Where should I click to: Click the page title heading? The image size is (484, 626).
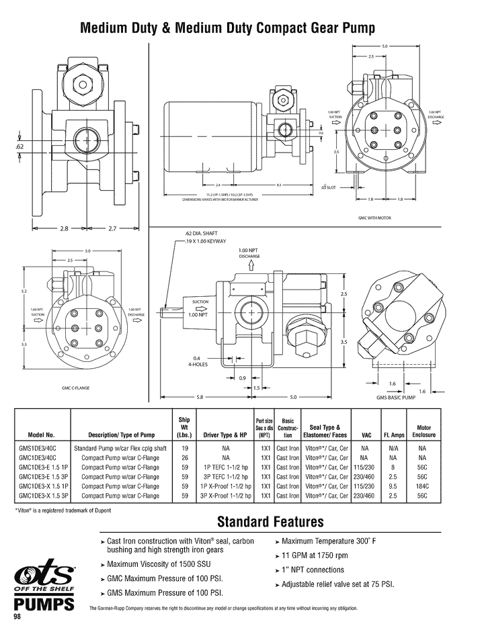pos(227,28)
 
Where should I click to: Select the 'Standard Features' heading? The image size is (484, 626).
pos(270,522)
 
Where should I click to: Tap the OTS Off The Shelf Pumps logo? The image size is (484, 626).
pos(44,588)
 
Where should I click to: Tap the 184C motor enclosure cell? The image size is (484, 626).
pos(422,486)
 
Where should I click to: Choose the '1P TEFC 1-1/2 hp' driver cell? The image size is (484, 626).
pos(221,467)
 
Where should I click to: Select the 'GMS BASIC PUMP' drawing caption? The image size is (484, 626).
pos(396,398)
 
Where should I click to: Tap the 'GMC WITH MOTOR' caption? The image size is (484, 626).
pos(374,218)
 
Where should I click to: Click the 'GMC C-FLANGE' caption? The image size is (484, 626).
pos(76,388)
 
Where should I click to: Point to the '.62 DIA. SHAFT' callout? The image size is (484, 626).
pos(201,233)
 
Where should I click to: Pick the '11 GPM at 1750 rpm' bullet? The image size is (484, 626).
pos(315,555)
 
